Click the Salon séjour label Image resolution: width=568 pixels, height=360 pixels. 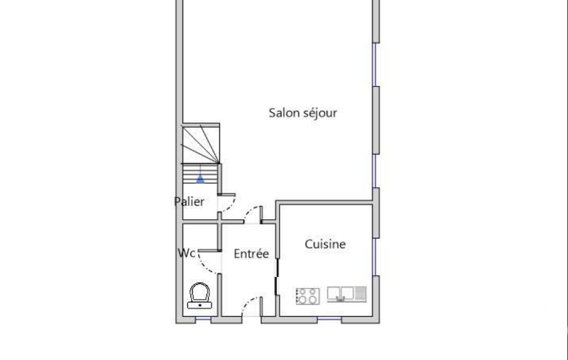303,113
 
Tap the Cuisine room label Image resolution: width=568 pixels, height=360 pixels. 325,244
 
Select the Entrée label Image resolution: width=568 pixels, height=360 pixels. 251,254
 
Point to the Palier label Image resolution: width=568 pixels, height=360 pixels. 189,202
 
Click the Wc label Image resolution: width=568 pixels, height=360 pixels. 187,253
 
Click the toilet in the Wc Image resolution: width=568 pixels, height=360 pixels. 199,296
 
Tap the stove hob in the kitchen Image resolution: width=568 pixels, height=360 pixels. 308,296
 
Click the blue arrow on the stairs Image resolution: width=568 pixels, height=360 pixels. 200,178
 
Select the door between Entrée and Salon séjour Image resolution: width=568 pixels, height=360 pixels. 253,214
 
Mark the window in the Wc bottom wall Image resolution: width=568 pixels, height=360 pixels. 203,319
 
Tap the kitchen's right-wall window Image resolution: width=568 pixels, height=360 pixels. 375,257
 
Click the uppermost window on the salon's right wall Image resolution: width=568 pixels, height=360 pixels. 375,65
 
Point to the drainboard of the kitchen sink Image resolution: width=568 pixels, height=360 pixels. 360,294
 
